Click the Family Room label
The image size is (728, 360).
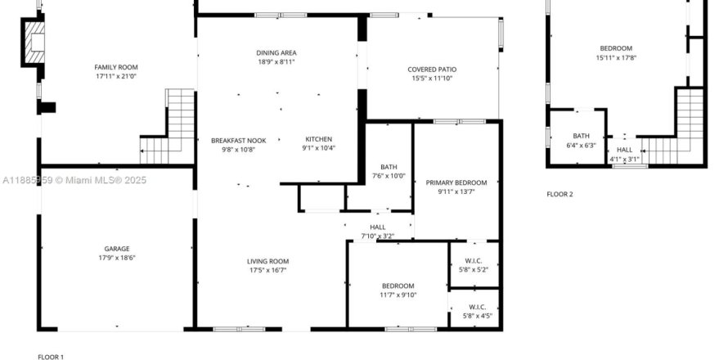click(116, 67)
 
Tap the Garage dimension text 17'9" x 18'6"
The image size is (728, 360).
click(116, 258)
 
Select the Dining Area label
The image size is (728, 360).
click(276, 53)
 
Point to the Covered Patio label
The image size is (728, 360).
click(432, 70)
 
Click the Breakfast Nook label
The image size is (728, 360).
click(239, 141)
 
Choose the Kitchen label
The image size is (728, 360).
click(318, 139)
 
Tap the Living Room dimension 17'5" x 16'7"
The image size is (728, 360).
click(267, 270)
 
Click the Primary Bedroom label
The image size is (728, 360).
click(456, 182)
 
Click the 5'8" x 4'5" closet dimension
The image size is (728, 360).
click(478, 316)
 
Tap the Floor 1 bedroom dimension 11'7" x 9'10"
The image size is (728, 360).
click(398, 295)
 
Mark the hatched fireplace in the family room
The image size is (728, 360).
click(34, 43)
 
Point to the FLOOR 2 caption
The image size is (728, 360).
click(559, 194)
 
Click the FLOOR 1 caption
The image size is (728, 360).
click(51, 357)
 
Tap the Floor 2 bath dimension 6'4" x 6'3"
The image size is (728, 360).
click(581, 145)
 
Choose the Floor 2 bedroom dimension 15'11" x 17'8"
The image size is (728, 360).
click(616, 57)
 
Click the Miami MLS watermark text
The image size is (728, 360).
click(74, 180)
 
